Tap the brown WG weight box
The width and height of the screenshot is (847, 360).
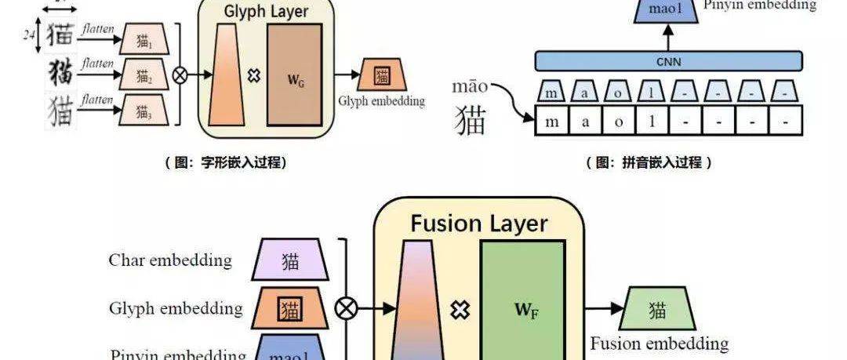tap(294, 75)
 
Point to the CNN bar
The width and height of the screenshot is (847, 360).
tap(668, 60)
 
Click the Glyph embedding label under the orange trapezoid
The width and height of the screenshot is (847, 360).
tap(381, 101)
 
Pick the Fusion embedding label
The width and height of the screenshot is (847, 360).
tap(659, 344)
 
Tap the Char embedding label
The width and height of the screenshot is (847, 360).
tap(170, 260)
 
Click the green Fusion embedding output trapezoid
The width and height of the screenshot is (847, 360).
tap(657, 310)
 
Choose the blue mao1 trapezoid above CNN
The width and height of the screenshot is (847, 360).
tap(668, 10)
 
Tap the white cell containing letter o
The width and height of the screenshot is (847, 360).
tap(619, 123)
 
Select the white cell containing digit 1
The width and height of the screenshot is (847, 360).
tap(653, 123)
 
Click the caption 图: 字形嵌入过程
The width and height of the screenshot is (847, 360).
tap(225, 162)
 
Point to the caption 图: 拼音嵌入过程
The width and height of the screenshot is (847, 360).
tap(649, 162)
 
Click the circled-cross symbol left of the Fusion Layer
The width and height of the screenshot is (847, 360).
tap(345, 308)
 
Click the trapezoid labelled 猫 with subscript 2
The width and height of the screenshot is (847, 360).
tap(144, 76)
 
